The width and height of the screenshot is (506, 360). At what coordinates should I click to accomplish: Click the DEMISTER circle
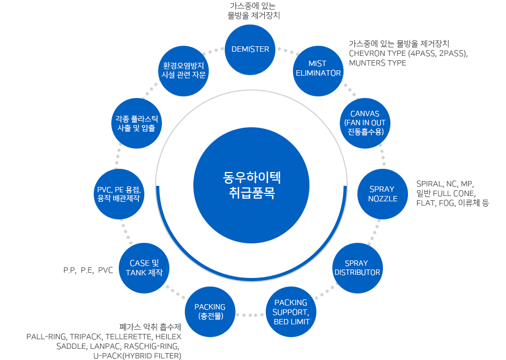pyautogui.click(x=250, y=49)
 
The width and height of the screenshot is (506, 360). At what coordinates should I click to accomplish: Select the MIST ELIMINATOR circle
pyautogui.click(x=318, y=69)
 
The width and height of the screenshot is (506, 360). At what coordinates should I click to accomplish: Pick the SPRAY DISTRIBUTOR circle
pyautogui.click(x=357, y=268)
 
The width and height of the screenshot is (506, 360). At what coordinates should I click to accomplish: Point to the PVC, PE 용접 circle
pyautogui.click(x=118, y=194)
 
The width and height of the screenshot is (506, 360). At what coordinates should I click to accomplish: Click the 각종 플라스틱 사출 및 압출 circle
pyautogui.click(x=136, y=123)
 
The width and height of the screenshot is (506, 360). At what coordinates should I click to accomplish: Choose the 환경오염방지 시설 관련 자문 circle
pyautogui.click(x=184, y=70)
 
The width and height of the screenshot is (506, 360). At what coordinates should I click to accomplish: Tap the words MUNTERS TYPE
pyautogui.click(x=377, y=63)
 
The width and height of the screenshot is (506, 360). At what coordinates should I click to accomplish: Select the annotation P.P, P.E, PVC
pyautogui.click(x=88, y=271)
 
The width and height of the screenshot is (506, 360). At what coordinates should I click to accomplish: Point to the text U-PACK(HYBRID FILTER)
pyautogui.click(x=137, y=355)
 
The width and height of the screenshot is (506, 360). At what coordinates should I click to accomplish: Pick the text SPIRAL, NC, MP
pyautogui.click(x=444, y=184)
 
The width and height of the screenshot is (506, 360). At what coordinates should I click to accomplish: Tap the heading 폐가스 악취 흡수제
pyautogui.click(x=151, y=327)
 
